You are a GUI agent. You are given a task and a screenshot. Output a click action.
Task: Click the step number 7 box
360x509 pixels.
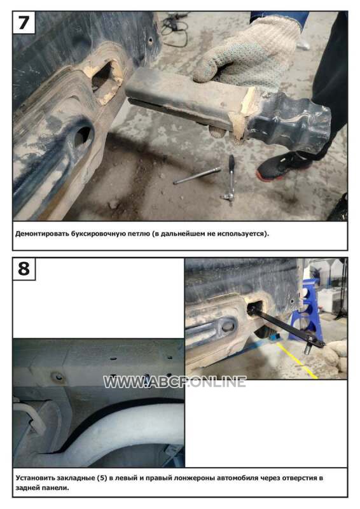coord(24,22)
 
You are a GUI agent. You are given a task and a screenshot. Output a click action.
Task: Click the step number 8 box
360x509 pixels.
coord(24,268)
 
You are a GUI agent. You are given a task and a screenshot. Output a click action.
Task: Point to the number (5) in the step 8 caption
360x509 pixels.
coord(102,478)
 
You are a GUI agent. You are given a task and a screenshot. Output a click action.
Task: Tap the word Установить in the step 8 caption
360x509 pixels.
coord(34,478)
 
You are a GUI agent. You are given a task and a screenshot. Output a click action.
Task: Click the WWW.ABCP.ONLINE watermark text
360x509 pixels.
coord(175,382)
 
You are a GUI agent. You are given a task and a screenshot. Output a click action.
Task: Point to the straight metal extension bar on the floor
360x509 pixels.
coord(197,176)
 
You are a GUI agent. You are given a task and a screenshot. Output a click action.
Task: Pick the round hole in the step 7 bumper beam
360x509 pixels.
coord(81,137)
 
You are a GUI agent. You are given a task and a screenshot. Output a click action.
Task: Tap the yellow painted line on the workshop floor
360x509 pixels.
coord(297,361)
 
